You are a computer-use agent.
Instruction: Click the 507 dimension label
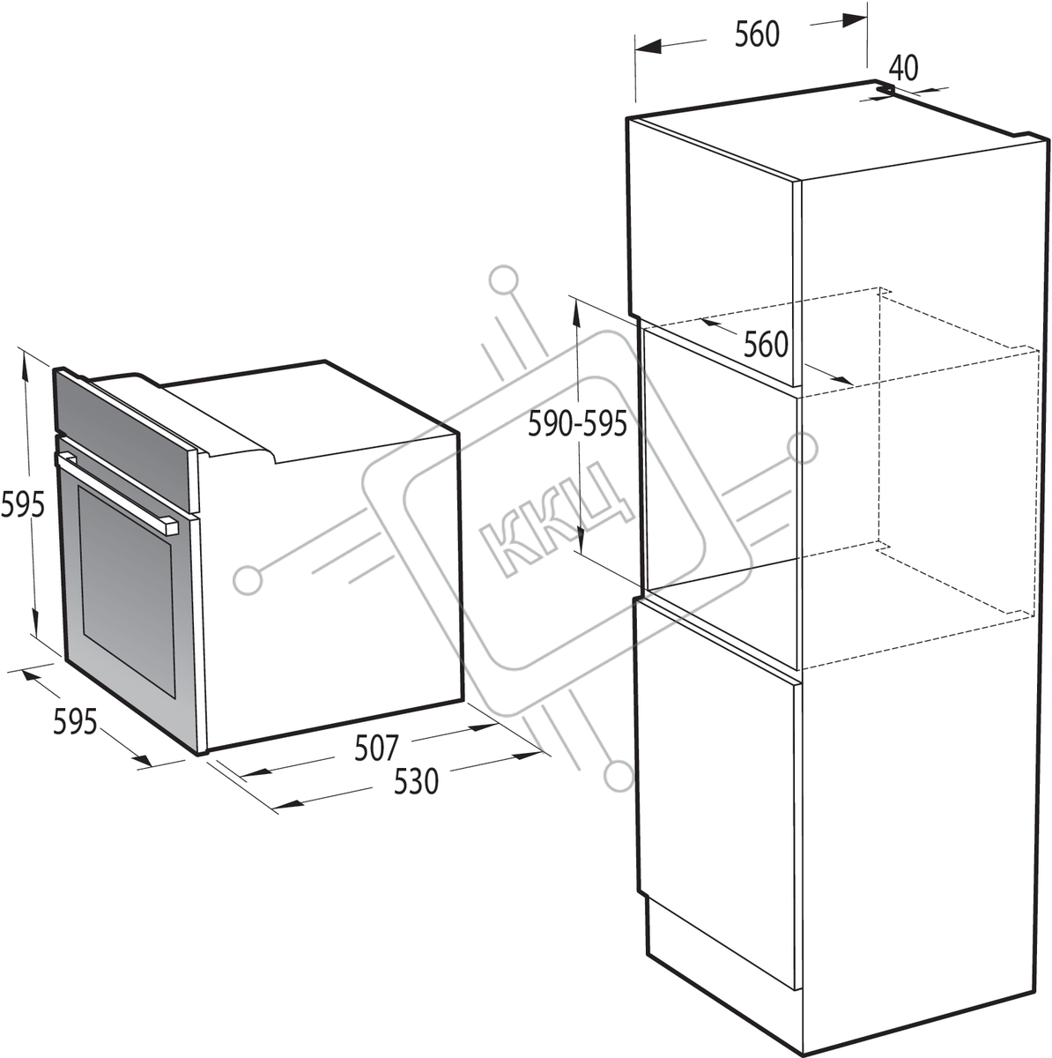pos(375,748)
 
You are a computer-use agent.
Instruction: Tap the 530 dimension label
pos(416,781)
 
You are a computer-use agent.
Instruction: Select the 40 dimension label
pos(903,69)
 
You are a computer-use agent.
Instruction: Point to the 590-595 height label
pos(577,424)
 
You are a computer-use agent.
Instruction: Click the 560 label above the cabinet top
pos(757,34)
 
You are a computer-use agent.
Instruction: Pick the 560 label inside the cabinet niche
pos(766,345)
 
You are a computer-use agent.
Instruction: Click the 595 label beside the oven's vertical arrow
pos(23,505)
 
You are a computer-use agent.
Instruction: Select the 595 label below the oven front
pos(75,721)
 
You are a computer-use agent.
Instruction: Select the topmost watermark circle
pos(504,279)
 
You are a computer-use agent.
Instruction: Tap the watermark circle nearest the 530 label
pos(619,777)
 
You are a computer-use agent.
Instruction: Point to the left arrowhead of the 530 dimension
pos(287,804)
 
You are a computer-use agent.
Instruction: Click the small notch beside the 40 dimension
pos(884,89)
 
